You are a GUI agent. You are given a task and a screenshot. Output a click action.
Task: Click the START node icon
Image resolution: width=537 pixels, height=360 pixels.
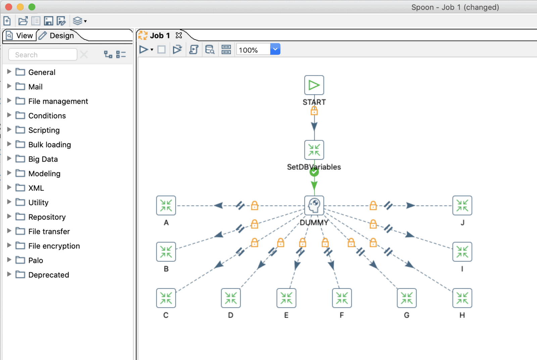point(314,85)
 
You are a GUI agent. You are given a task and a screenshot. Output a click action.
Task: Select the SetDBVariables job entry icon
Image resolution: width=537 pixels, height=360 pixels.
point(314,150)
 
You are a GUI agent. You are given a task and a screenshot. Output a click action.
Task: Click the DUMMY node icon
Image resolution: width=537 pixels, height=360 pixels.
point(314,205)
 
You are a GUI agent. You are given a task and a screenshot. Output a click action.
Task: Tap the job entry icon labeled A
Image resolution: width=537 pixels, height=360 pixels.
point(166,205)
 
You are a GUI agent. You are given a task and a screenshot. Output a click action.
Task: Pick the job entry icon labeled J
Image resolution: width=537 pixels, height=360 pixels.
point(462,205)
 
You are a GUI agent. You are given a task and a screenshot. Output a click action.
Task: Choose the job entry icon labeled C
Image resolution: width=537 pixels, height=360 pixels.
point(166,298)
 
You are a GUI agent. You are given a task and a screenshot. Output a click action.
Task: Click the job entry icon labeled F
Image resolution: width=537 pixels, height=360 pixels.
point(342,298)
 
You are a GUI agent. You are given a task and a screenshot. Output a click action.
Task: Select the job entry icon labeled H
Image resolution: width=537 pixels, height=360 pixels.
point(462,298)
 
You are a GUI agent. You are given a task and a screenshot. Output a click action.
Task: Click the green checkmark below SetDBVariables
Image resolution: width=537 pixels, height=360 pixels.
point(314,172)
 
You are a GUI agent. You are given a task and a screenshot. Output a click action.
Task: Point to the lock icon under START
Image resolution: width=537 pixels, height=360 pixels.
point(314,111)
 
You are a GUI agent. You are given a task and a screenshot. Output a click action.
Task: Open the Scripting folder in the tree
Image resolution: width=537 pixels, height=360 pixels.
point(44,130)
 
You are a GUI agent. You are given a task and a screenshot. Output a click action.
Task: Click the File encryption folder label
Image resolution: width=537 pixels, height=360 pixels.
point(54,246)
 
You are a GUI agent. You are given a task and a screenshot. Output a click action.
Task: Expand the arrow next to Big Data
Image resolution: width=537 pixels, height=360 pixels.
point(9,159)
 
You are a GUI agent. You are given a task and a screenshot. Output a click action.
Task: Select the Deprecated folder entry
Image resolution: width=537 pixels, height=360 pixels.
point(48,275)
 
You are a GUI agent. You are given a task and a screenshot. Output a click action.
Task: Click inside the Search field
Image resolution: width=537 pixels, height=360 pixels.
point(43,55)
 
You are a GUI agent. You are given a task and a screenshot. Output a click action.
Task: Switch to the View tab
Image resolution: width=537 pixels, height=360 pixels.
point(20,36)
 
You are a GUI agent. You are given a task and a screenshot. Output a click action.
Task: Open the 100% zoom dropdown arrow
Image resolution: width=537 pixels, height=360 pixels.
point(275,49)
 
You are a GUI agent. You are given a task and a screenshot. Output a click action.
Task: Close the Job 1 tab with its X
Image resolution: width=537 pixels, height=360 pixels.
point(179,35)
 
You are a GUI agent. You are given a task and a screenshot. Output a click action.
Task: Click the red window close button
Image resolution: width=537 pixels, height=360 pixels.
point(9,7)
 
